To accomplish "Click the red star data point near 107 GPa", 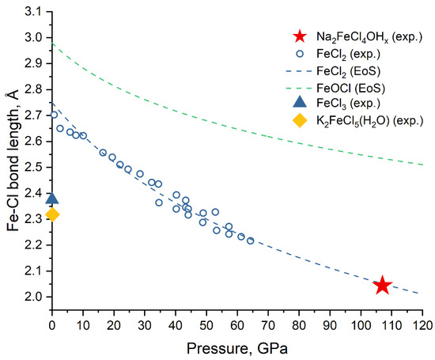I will click(382, 286).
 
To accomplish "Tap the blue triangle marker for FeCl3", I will click(52, 199).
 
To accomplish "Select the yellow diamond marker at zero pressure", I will click(52, 214).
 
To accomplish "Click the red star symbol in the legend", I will click(299, 36).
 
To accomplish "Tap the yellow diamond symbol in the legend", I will click(299, 120).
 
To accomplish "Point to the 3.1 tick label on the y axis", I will click(32, 11).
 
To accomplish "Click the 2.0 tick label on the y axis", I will click(32, 297).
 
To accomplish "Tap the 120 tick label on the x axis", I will click(422, 324).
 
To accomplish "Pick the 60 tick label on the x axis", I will click(237, 324).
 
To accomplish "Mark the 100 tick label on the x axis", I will click(361, 324).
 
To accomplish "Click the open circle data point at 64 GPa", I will click(250, 241).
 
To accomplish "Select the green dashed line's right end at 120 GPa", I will click(422, 165).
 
